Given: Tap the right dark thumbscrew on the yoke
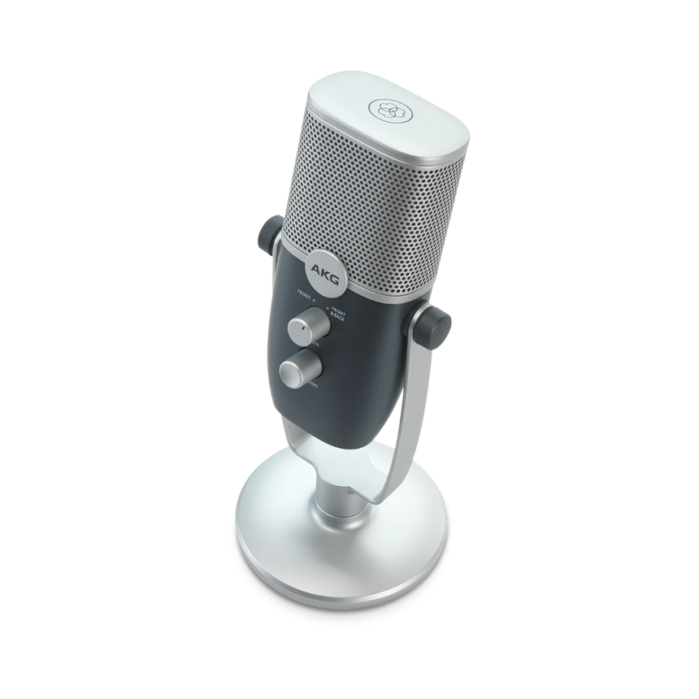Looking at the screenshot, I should click(436, 323).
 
